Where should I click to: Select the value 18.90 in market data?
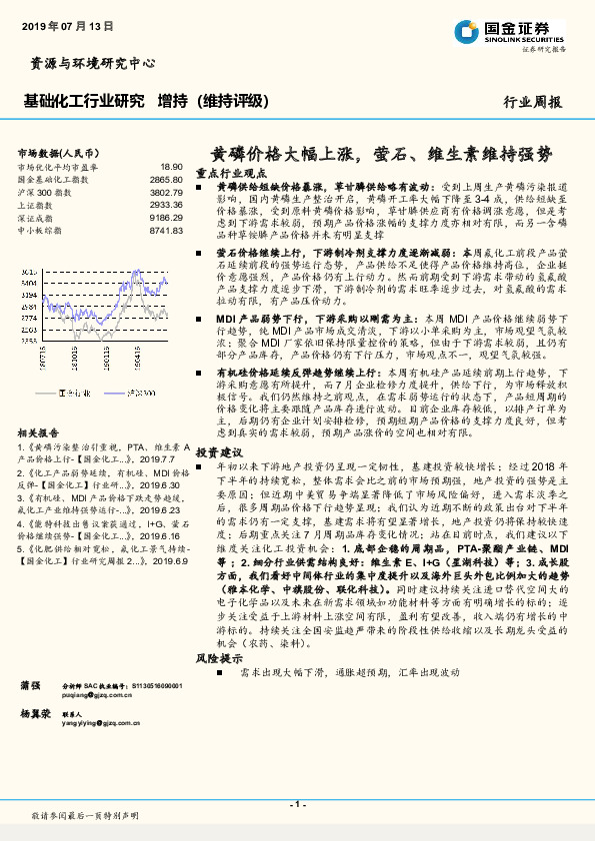point(171,167)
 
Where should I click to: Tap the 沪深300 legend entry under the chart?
point(140,394)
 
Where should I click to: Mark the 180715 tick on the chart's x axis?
point(42,356)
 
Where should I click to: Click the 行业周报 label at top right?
point(532,101)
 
